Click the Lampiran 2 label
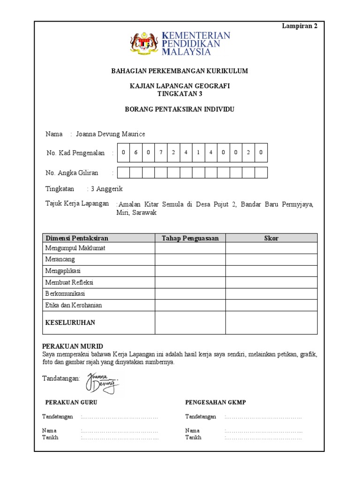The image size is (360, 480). click(300, 26)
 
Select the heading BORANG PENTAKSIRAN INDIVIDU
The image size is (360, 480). click(180, 109)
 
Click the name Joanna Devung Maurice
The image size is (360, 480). click(110, 134)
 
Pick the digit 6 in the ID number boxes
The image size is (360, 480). click(136, 152)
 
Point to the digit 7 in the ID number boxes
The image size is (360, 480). click(161, 152)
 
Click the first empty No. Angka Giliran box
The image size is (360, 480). click(123, 172)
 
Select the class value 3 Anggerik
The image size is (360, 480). click(106, 189)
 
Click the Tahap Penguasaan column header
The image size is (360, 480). click(190, 238)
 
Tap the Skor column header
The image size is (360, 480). click(271, 238)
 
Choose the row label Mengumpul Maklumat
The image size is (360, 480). click(75, 248)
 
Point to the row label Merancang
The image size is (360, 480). click(60, 259)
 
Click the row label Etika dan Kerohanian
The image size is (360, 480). click(73, 305)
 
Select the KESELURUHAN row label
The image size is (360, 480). click(70, 322)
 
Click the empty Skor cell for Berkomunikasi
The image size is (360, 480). click(271, 294)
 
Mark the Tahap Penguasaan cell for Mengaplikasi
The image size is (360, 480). click(190, 271)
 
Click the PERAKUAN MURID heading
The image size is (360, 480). click(73, 346)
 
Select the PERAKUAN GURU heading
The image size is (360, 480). click(71, 402)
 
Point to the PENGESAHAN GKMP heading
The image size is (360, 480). click(216, 402)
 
